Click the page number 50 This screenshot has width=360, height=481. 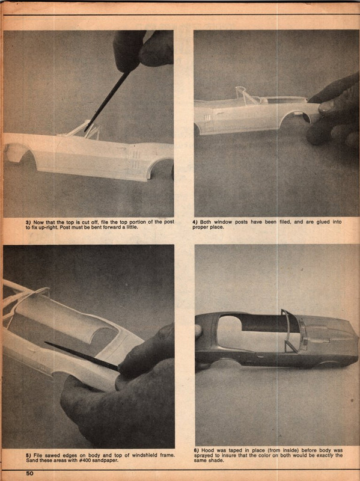pyautogui.click(x=29, y=474)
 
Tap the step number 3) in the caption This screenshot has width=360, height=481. pyautogui.click(x=28, y=222)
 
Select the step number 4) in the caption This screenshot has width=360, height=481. pyautogui.click(x=196, y=222)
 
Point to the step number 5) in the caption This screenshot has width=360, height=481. pyautogui.click(x=28, y=455)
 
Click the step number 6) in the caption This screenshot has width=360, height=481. pyautogui.click(x=196, y=450)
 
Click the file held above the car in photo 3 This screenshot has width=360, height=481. pyautogui.click(x=108, y=99)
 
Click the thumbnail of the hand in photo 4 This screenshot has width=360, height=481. pyautogui.click(x=326, y=108)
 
